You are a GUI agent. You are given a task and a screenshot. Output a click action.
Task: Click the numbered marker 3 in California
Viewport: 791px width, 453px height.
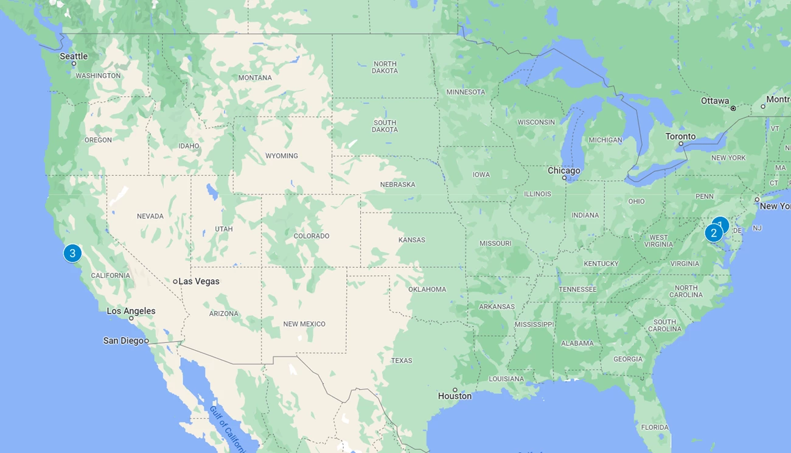pos(72,253)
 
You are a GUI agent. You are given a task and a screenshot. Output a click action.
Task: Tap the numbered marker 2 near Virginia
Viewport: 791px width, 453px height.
pos(714,233)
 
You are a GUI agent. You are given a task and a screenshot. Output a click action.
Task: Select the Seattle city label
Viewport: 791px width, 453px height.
pos(74,57)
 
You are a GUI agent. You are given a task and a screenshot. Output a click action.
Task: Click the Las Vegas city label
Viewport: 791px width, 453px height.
pos(198,281)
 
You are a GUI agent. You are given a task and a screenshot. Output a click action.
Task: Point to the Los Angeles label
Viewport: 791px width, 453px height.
pos(131,311)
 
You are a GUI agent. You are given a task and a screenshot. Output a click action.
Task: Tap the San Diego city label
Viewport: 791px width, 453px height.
pos(124,341)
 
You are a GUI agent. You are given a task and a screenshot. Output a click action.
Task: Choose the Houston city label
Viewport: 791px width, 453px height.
pos(455,396)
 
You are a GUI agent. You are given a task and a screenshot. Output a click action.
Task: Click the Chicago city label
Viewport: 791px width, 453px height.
pos(564,170)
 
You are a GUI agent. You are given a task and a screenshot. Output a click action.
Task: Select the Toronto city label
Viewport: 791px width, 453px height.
pos(680,136)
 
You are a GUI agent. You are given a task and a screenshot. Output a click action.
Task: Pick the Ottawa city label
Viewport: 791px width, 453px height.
pos(715,101)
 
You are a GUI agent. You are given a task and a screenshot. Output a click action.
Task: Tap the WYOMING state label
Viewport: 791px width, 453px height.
pos(282,156)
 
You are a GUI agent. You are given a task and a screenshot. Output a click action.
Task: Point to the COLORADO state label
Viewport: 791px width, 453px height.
pos(312,236)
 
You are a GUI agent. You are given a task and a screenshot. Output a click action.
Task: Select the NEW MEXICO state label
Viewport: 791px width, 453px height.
pos(304,324)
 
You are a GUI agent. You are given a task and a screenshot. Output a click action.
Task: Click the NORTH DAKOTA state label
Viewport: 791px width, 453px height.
pos(385,68)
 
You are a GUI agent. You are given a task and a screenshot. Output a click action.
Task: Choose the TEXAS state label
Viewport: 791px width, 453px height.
pos(402,360)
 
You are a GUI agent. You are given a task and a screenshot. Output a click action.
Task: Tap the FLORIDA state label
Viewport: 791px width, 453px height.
pos(655,427)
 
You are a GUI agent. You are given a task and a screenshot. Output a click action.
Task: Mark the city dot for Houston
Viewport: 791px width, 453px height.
pos(455,390)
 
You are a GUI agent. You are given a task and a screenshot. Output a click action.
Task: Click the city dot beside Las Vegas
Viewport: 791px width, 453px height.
pos(175,281)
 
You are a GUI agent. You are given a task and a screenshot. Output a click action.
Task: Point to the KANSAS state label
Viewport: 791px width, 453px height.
pos(412,240)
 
